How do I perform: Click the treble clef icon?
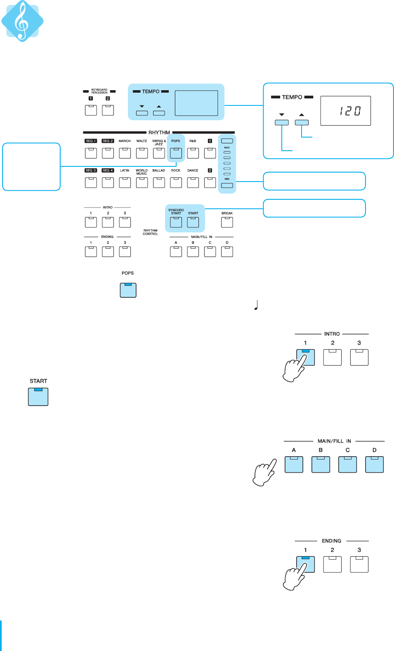(22, 21)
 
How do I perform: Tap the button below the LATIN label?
(125, 182)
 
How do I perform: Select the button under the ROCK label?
(176, 182)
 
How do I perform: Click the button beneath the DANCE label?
(193, 182)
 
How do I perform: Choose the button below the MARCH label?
(125, 153)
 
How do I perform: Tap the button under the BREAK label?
(227, 222)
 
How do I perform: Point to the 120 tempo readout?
(350, 111)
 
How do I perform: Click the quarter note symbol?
(256, 305)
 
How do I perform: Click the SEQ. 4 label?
(108, 170)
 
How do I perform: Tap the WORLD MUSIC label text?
(142, 172)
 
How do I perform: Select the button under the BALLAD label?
(159, 182)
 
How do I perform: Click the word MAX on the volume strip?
(227, 147)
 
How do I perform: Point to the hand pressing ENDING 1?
(294, 576)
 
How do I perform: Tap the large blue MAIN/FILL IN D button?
(374, 464)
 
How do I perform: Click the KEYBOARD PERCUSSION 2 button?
(108, 110)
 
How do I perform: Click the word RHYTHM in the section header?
(159, 133)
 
